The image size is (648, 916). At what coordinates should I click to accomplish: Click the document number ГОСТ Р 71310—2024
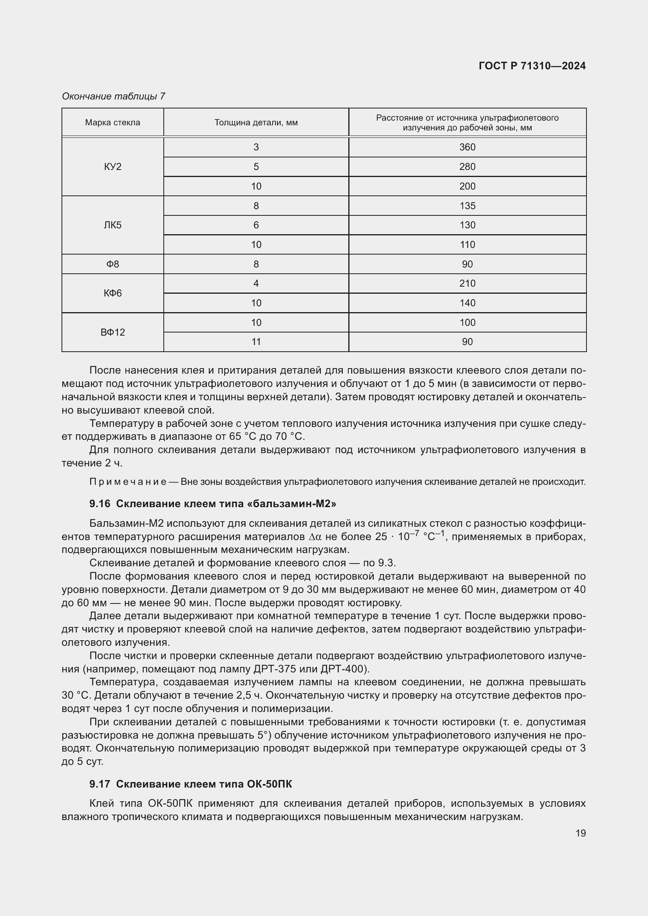(x=532, y=66)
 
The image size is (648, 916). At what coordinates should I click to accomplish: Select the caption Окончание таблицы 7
(x=113, y=96)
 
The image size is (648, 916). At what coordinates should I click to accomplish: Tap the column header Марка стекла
(x=112, y=123)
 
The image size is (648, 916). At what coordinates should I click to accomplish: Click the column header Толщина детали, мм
(x=256, y=123)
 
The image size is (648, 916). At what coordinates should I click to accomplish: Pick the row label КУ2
(x=112, y=167)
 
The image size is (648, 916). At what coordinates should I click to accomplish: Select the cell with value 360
(x=467, y=147)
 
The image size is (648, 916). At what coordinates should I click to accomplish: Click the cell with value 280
(x=467, y=167)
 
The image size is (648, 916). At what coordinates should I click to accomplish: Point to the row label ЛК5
(x=112, y=225)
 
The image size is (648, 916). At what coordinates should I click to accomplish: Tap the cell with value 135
(x=467, y=206)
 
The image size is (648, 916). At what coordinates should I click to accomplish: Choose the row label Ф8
(x=112, y=264)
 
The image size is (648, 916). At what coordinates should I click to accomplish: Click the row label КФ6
(x=112, y=293)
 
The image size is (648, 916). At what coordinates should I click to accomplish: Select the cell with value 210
(x=467, y=283)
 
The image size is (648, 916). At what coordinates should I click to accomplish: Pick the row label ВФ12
(x=112, y=332)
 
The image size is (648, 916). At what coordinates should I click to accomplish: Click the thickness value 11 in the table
(x=256, y=342)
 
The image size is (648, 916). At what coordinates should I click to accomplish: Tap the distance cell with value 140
(x=467, y=303)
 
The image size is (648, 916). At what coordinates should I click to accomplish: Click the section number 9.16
(x=100, y=504)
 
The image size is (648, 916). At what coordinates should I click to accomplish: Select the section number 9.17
(x=100, y=784)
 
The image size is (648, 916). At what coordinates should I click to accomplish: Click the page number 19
(x=581, y=833)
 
